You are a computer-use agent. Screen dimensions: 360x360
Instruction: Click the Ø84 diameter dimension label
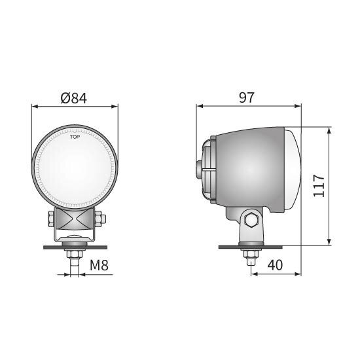tap(74, 98)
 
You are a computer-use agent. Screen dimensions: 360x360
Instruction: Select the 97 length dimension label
tap(247, 98)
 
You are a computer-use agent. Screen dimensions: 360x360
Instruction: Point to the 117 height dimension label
tap(319, 186)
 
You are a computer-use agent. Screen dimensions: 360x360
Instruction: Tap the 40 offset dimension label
tap(275, 265)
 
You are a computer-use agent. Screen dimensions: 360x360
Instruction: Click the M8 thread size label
tap(99, 265)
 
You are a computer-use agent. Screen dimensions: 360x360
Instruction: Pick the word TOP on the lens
tap(75, 137)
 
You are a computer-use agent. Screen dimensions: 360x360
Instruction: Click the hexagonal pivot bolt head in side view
tap(251, 220)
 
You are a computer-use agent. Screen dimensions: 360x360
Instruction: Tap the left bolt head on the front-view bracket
tap(51, 219)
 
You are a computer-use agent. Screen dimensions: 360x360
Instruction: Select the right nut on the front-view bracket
tap(100, 219)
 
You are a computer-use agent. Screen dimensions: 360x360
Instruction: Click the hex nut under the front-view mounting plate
tap(74, 254)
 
